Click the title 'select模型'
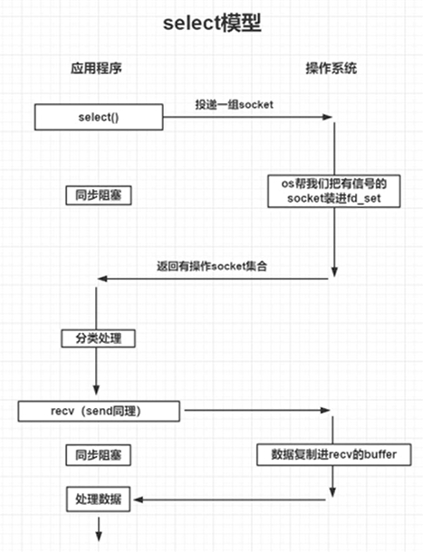click(211, 24)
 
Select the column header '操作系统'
click(332, 70)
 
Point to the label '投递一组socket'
click(234, 105)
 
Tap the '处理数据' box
click(98, 498)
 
